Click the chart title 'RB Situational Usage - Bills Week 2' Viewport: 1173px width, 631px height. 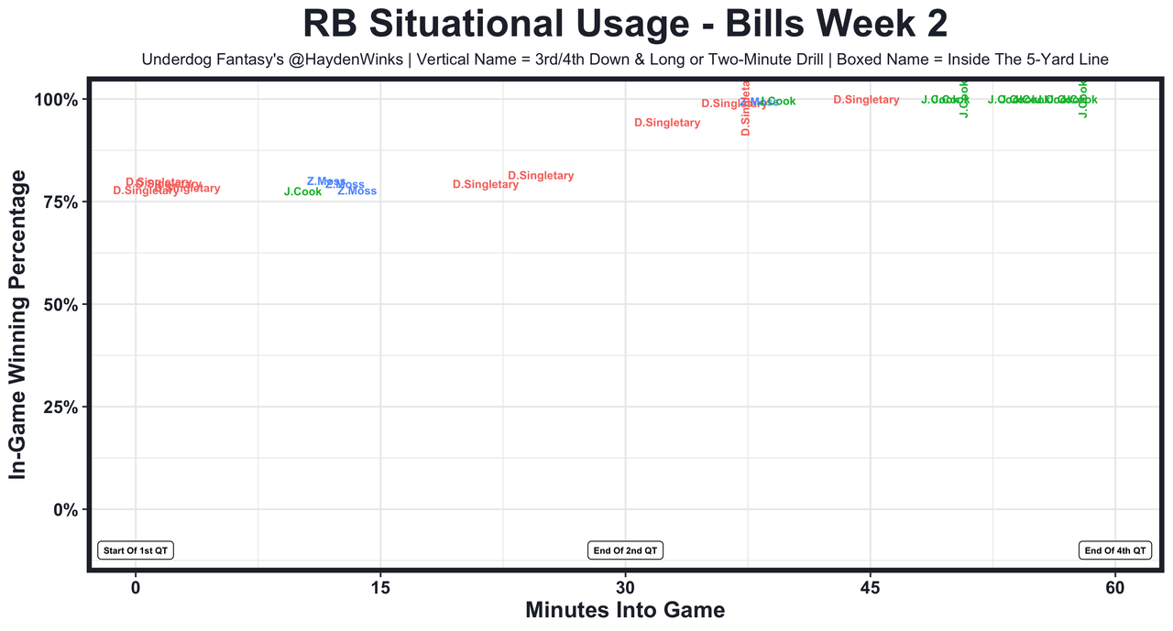pyautogui.click(x=624, y=24)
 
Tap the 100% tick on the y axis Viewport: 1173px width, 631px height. pyautogui.click(x=63, y=99)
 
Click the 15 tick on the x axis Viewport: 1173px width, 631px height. pyautogui.click(x=380, y=586)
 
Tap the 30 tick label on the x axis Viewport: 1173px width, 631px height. pyautogui.click(x=625, y=586)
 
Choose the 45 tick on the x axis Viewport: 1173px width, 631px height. pyautogui.click(x=871, y=586)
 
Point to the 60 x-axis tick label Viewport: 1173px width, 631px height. pyautogui.click(x=1115, y=586)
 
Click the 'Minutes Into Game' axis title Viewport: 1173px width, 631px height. pyautogui.click(x=625, y=611)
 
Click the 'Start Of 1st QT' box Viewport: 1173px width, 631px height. pyautogui.click(x=136, y=550)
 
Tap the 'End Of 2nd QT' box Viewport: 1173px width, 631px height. pyautogui.click(x=625, y=550)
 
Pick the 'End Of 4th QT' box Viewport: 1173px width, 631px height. pyautogui.click(x=1114, y=550)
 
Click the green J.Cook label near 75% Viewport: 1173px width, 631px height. pyautogui.click(x=302, y=192)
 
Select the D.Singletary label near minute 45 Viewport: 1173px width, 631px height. pyautogui.click(x=866, y=100)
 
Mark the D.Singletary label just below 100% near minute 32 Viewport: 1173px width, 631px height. pyautogui.click(x=667, y=123)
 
